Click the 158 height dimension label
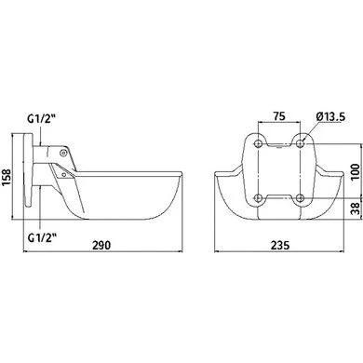point(7,178)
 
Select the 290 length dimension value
point(101,245)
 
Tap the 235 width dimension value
point(280,245)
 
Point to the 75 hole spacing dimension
point(279,116)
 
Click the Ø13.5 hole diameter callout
point(330,116)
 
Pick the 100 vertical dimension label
point(356,171)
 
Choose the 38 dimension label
point(356,208)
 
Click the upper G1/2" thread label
point(41,119)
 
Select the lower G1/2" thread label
point(42,237)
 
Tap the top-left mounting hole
point(258,143)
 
